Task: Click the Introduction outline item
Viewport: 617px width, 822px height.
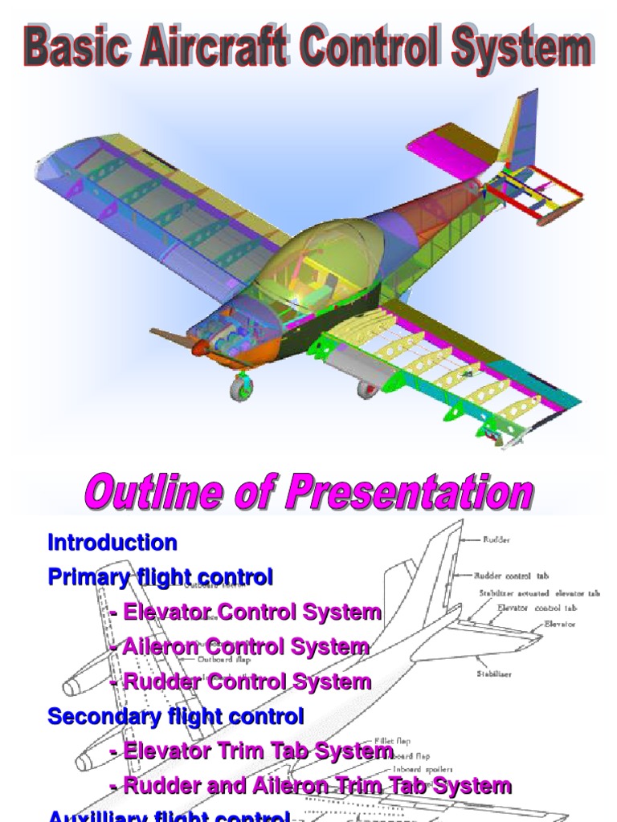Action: coord(112,543)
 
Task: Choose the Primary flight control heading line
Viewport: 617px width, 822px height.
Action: coord(161,577)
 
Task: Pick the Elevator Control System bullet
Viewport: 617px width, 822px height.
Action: coord(246,612)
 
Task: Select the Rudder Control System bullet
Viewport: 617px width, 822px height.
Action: coord(241,682)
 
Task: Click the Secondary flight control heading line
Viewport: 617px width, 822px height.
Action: coord(176,716)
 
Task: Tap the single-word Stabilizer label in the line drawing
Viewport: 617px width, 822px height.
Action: coord(495,674)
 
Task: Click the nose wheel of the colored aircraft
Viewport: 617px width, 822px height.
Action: coord(241,389)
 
